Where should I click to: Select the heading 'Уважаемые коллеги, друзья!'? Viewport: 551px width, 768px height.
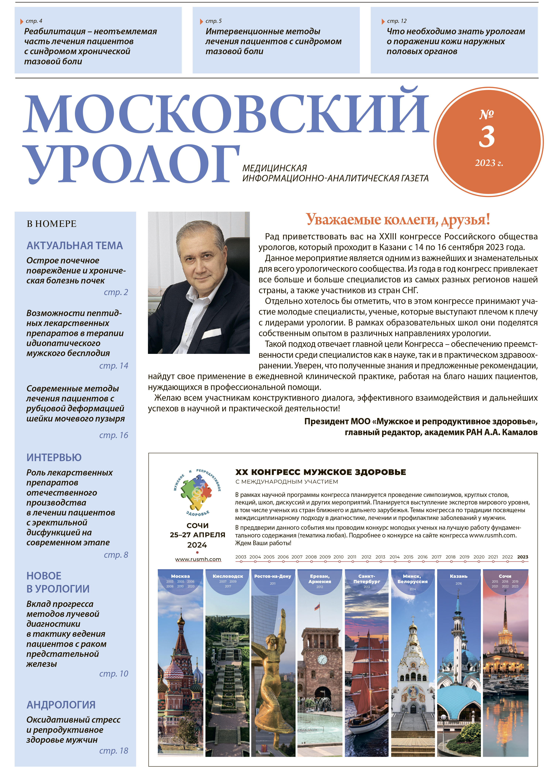(398, 220)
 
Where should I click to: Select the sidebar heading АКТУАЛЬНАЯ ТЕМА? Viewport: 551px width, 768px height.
(75, 245)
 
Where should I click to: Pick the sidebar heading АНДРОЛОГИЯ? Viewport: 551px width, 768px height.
(61, 705)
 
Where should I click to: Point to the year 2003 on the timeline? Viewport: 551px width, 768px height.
(241, 557)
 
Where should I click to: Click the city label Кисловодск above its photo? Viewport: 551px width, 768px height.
(228, 576)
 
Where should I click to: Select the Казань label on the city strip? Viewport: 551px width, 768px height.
(459, 576)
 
